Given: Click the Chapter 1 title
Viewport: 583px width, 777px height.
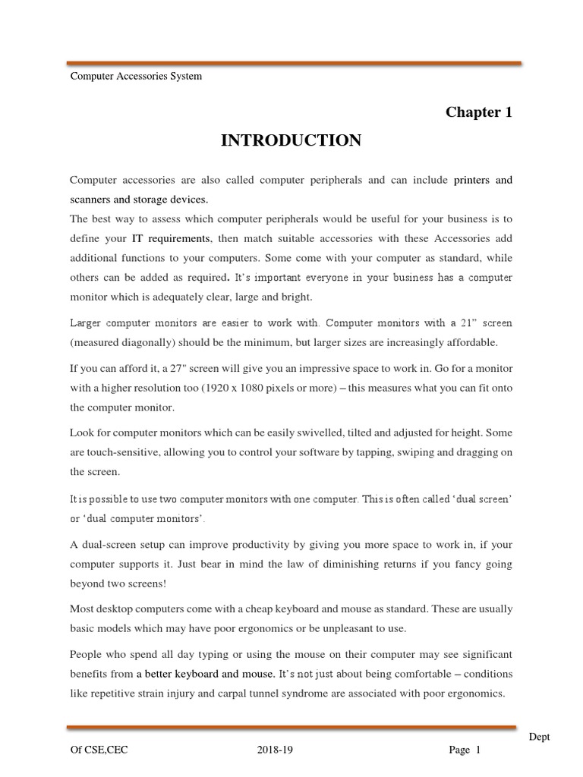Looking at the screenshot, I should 479,113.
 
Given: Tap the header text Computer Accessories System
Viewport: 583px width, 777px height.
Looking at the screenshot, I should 136,76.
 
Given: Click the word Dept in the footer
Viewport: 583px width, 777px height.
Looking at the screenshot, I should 540,738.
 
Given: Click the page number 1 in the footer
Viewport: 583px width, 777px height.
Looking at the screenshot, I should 478,751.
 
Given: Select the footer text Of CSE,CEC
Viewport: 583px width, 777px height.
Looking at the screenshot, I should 98,751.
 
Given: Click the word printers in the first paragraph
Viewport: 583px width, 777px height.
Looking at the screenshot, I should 471,181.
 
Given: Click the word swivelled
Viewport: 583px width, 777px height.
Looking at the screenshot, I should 310,433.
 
